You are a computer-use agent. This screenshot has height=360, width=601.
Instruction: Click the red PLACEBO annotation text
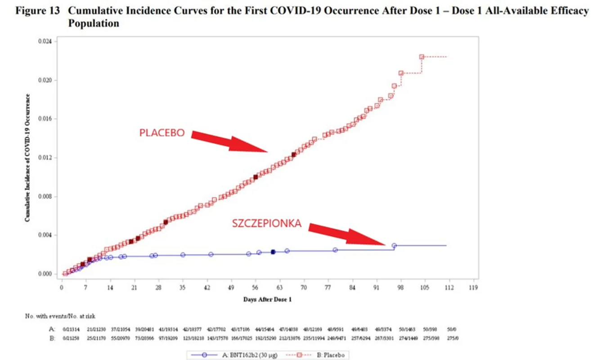[x=162, y=133]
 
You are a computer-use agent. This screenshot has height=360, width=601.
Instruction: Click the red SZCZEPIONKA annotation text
[x=267, y=223]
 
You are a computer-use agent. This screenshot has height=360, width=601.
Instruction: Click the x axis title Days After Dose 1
[x=267, y=299]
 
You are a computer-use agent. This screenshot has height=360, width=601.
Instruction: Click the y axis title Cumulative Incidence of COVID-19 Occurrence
[x=27, y=157]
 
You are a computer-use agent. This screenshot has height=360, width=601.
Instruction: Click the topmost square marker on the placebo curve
[x=422, y=57]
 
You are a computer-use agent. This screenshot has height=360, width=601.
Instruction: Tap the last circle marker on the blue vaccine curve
[x=394, y=246]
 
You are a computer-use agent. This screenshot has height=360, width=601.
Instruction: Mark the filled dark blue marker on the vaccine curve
[x=273, y=252]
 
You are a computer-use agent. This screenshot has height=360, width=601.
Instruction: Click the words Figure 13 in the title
[x=38, y=11]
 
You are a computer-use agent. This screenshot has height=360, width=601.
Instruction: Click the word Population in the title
[x=94, y=23]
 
